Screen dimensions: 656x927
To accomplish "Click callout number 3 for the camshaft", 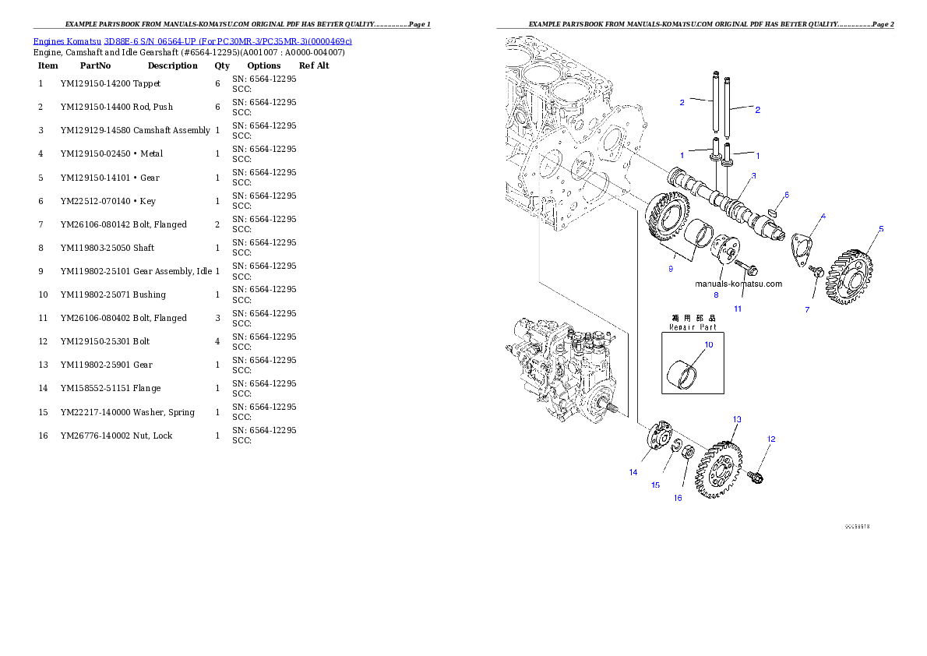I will click(x=753, y=176).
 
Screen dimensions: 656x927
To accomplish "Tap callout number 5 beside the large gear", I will click(x=881, y=229).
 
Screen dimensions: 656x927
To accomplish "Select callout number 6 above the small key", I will click(x=786, y=195).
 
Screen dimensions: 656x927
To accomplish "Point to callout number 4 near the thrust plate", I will click(x=823, y=216).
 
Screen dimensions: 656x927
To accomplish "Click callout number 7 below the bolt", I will click(x=807, y=310).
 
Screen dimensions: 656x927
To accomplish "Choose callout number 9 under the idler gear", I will click(x=670, y=269).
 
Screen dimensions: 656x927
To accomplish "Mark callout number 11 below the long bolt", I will click(x=738, y=309).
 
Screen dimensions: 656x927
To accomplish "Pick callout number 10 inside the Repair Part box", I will click(x=709, y=344).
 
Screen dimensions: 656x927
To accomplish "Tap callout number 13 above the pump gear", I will click(x=736, y=419).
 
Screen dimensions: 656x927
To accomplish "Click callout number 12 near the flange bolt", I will click(x=771, y=439).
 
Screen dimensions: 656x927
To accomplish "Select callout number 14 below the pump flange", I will click(x=633, y=472).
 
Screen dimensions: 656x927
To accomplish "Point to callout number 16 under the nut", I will click(x=678, y=498).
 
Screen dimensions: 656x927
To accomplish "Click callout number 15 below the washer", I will click(x=655, y=485).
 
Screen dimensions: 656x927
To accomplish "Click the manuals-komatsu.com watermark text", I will click(x=738, y=284).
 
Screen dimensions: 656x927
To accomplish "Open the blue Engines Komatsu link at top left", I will click(x=192, y=41).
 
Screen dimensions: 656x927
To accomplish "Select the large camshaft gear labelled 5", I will click(x=850, y=276).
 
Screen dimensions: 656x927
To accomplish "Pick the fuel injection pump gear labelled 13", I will click(x=721, y=468).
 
